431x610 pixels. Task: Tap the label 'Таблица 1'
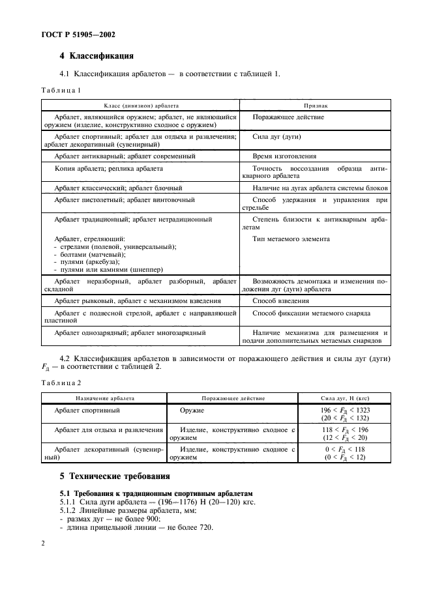coord(62,91)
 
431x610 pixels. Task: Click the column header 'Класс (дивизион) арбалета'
coord(141,105)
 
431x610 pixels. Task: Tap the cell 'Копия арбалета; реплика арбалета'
coord(109,168)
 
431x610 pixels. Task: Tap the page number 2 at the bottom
coord(43,542)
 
